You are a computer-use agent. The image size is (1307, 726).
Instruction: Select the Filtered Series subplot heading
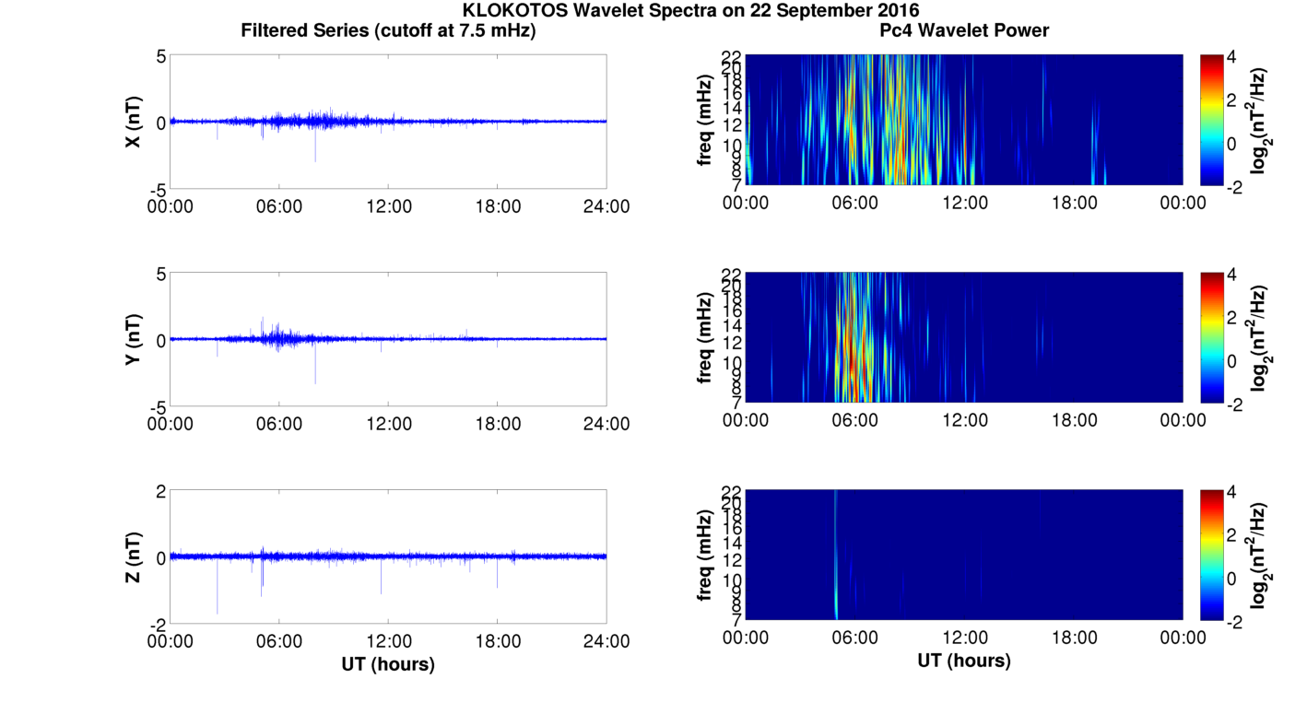pos(388,30)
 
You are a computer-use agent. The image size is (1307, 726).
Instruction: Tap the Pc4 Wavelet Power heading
pos(964,30)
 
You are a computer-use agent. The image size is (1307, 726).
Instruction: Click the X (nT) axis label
pos(133,122)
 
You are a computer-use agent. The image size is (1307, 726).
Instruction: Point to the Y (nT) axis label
pos(133,339)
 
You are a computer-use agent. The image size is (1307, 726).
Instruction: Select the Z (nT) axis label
pos(133,556)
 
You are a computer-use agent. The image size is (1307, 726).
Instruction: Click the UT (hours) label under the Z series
pos(388,663)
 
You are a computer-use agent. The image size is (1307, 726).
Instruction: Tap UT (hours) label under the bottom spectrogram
pos(964,661)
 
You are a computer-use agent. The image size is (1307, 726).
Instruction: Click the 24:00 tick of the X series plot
pos(606,206)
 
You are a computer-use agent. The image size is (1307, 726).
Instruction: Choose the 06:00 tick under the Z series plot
pos(279,641)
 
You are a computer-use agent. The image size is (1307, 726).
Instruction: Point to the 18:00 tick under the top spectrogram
pos(1074,203)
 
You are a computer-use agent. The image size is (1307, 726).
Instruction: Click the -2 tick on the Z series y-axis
pos(159,624)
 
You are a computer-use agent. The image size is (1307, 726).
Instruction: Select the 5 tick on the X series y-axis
pos(160,56)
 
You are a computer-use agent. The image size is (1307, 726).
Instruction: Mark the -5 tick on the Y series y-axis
pos(159,406)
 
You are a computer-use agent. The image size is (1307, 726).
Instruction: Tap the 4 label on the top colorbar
pos(1239,57)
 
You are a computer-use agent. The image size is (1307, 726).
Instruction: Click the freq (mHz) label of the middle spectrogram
pos(704,337)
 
